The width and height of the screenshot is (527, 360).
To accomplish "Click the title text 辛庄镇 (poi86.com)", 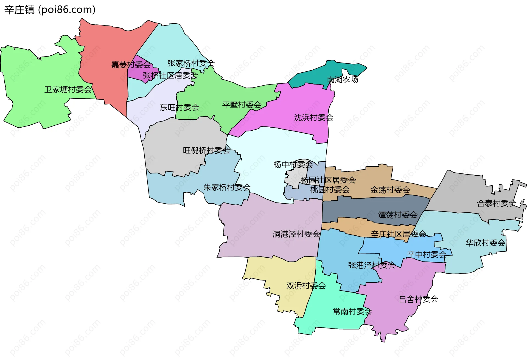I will click(x=50, y=10).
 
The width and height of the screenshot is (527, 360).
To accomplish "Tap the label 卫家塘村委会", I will click(x=68, y=89).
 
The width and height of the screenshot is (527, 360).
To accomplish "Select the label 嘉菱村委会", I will click(x=131, y=65).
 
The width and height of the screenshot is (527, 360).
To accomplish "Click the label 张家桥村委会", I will click(x=191, y=63).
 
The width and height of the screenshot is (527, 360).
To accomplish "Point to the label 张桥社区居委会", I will click(x=170, y=75).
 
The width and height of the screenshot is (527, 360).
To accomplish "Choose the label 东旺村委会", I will click(x=180, y=107).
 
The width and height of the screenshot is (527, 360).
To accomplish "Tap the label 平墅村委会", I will click(x=242, y=105).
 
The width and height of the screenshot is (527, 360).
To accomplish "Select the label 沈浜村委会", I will click(x=313, y=118).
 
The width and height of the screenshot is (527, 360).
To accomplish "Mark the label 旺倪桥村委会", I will click(x=206, y=150).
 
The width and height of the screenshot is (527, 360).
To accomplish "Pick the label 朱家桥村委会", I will click(x=227, y=187).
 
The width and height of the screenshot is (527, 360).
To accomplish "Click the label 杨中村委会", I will click(x=293, y=165).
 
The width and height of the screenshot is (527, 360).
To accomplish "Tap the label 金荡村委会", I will click(x=390, y=190).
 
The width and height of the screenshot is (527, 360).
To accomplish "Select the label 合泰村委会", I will click(x=497, y=203).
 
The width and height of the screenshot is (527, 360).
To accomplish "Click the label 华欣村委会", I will click(x=485, y=243).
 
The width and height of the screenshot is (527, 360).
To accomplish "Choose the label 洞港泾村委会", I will click(x=296, y=234).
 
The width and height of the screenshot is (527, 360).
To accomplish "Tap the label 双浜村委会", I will click(x=306, y=286).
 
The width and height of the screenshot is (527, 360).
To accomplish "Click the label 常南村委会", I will click(x=352, y=311).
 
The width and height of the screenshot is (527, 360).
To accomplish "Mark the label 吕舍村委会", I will click(x=418, y=299).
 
